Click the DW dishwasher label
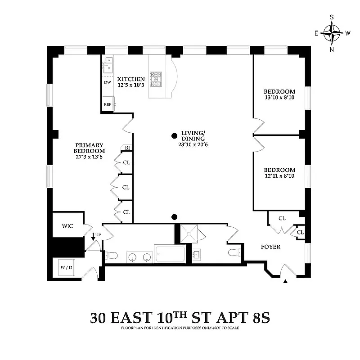[108, 83]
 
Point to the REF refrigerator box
[108, 104]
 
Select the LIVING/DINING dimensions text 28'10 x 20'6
[193, 144]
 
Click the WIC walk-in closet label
[67, 225]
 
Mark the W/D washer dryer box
[66, 267]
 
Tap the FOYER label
[271, 247]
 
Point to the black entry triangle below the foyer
[285, 282]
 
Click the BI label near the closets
[127, 148]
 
